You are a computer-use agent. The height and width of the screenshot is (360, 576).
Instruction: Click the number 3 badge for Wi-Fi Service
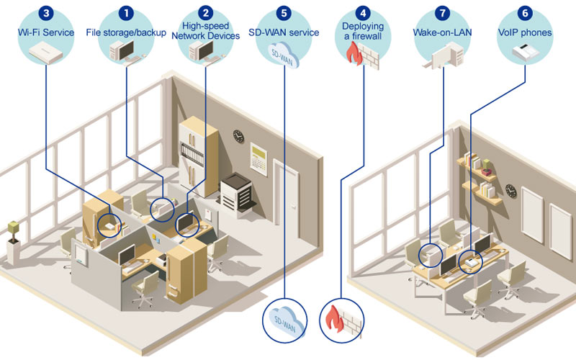pyautogui.click(x=47, y=13)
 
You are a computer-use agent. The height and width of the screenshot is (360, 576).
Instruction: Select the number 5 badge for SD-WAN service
pyautogui.click(x=286, y=13)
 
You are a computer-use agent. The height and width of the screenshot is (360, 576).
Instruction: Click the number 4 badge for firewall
pyautogui.click(x=364, y=13)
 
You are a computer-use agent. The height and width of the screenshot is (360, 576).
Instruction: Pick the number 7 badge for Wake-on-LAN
pyautogui.click(x=442, y=13)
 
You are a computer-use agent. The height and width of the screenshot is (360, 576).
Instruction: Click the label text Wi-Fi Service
pyautogui.click(x=46, y=32)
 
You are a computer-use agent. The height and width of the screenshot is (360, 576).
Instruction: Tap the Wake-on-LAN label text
pyautogui.click(x=441, y=32)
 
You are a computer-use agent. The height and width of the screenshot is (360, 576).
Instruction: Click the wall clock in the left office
pyautogui.click(x=238, y=135)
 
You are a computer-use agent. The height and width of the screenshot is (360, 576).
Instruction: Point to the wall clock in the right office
pyautogui.click(x=510, y=190)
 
